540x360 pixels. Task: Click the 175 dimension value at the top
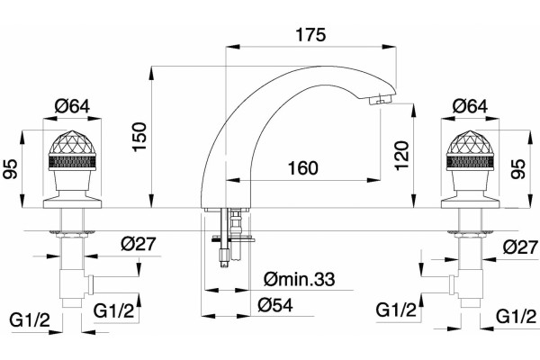click(310, 35)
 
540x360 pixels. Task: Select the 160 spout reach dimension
click(303, 168)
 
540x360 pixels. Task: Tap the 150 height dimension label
click(139, 137)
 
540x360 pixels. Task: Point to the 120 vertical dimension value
click(402, 156)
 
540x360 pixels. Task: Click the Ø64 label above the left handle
click(72, 106)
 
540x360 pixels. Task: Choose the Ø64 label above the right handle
click(470, 106)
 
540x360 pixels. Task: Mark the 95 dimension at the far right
click(518, 169)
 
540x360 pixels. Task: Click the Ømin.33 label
click(300, 279)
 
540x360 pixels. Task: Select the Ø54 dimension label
click(275, 304)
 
